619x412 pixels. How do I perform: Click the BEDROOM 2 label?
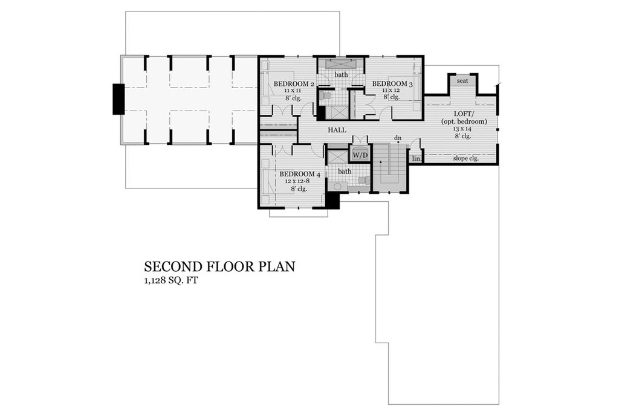294,83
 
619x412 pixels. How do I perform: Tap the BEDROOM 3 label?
392,83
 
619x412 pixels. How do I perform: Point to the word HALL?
337,130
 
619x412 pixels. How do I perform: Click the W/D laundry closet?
360,155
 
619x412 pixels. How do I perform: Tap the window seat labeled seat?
462,81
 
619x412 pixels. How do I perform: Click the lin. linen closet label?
416,159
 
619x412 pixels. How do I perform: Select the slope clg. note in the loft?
466,158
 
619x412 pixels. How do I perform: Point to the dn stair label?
398,138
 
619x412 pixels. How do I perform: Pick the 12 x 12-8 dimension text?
297,181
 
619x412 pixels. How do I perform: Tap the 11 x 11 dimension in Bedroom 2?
292,91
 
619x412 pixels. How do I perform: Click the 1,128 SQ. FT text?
170,281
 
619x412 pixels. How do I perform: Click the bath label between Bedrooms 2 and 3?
342,74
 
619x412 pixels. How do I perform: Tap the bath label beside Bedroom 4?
345,172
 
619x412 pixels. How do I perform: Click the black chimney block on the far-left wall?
118,99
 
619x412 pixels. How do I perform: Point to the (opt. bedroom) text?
464,121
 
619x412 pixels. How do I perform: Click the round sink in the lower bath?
338,187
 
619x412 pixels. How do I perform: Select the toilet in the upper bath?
326,95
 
